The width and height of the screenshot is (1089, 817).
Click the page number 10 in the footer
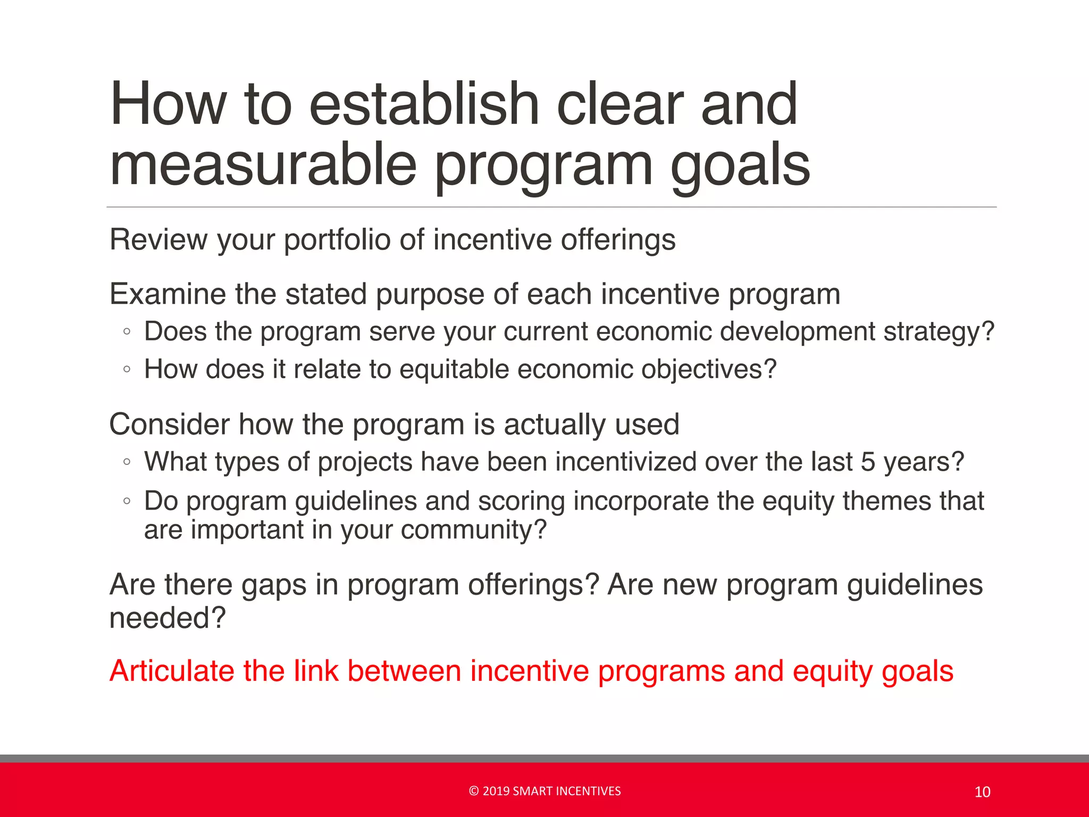(982, 792)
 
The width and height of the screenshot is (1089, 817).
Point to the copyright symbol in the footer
(474, 791)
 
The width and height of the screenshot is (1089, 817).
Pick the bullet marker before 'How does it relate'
(127, 369)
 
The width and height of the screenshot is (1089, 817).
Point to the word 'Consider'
(169, 424)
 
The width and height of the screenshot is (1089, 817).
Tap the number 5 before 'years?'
(868, 462)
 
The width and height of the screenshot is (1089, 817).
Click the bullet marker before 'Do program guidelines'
(127, 501)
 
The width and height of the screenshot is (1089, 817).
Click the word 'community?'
(473, 530)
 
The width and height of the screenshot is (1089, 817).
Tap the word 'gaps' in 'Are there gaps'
(274, 585)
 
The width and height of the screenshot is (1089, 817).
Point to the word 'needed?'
(167, 618)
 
